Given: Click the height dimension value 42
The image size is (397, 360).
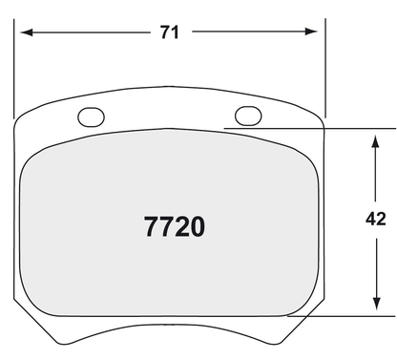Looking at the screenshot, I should (x=375, y=220).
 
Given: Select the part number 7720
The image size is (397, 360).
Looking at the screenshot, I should (x=175, y=227).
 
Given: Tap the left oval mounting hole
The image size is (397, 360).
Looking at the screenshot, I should (x=92, y=117).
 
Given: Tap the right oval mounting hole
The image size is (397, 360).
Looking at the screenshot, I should (x=247, y=116).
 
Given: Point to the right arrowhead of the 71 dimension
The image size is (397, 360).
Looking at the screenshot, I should (x=316, y=32).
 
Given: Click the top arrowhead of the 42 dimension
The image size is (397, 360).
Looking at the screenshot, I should (x=372, y=136).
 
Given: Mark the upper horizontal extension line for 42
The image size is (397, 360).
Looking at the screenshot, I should (x=305, y=128).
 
